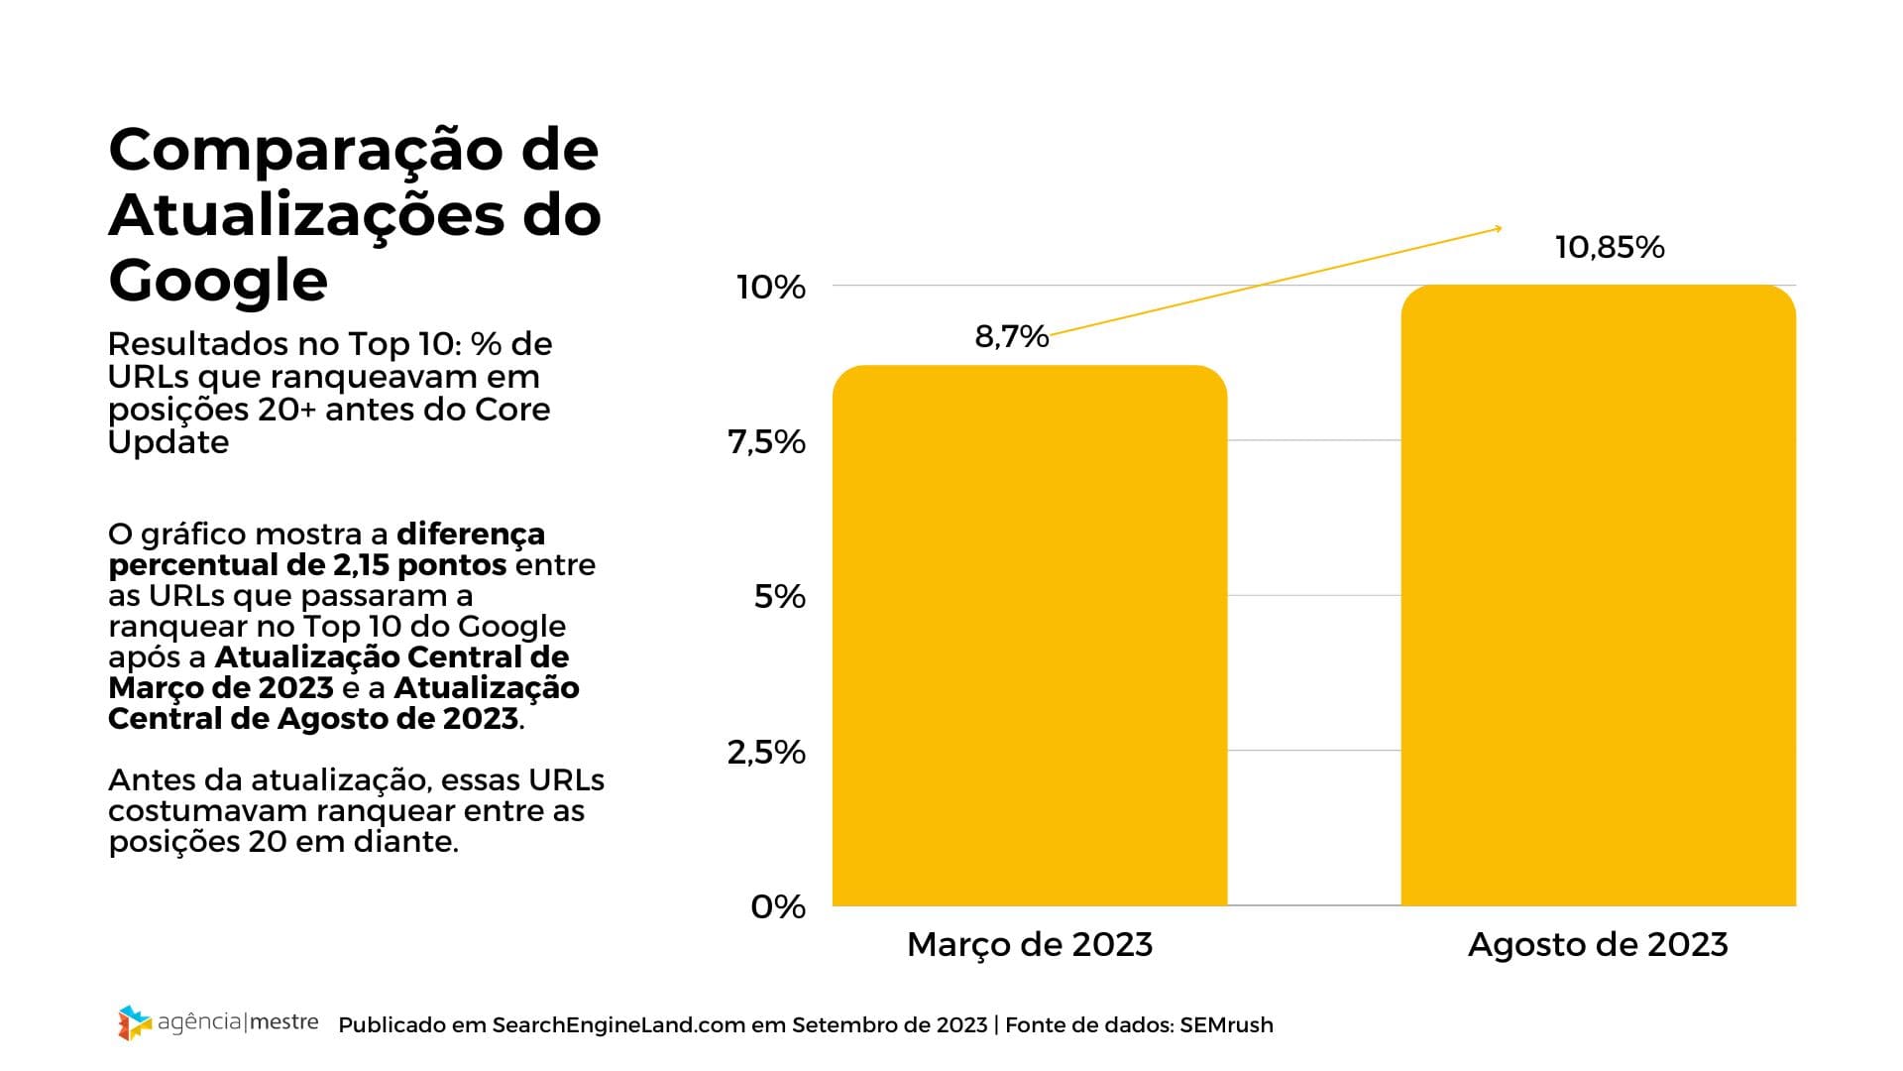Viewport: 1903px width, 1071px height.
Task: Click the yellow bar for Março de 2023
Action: [x=1029, y=635]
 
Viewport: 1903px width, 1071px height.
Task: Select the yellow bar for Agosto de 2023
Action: [x=1598, y=595]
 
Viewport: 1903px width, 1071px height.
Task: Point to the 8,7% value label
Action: [x=1011, y=336]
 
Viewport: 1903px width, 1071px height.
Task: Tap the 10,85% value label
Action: [x=1609, y=247]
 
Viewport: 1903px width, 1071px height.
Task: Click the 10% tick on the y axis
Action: [x=770, y=288]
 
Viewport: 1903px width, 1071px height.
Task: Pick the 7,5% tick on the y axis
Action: [x=766, y=442]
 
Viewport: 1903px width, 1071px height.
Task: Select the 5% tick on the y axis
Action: [x=779, y=597]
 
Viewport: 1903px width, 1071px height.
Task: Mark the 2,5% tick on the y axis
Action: [x=766, y=753]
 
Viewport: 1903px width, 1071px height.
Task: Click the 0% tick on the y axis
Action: [x=778, y=907]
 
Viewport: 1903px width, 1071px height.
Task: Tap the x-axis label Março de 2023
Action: [x=1030, y=944]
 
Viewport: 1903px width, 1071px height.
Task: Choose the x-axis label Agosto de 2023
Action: [x=1598, y=944]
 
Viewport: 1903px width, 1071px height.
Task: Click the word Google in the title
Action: [x=218, y=280]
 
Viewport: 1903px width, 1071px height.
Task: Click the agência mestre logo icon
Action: [x=134, y=1022]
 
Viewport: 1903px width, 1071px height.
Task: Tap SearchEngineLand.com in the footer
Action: [x=618, y=1025]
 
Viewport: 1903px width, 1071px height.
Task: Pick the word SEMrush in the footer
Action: [x=1226, y=1025]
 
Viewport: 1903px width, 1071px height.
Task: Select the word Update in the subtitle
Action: [x=168, y=442]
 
